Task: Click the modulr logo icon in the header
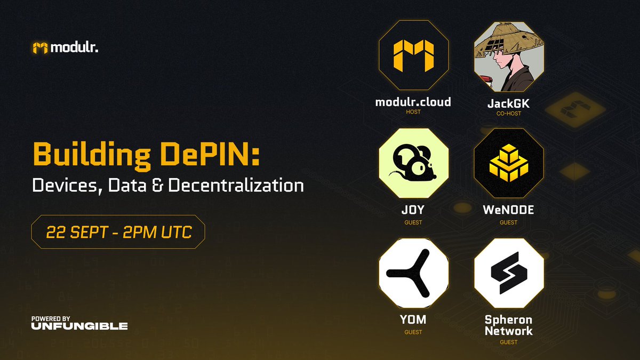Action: pos(40,48)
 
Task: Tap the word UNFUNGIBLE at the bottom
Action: pos(79,326)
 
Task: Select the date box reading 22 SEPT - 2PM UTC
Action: pos(118,232)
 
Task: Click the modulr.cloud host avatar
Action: pos(413,57)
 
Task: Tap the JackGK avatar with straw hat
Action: pos(509,57)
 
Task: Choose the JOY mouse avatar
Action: pos(413,163)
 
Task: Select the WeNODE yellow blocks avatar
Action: pos(509,163)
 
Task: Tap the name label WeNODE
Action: pos(509,210)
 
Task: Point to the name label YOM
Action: pos(413,320)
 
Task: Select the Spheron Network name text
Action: pos(509,325)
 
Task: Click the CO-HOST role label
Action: pos(509,114)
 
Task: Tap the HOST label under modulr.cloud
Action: pos(413,112)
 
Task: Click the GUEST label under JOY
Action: pos(413,222)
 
